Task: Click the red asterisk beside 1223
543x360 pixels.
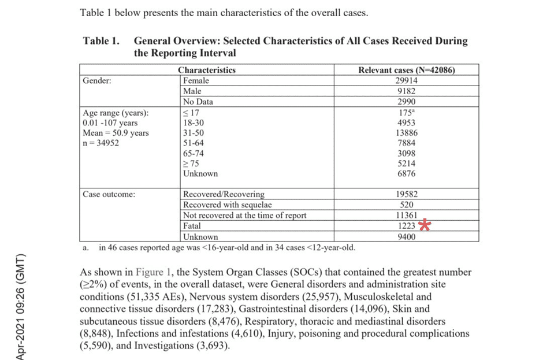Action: (x=425, y=226)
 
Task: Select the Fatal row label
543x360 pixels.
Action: (x=192, y=226)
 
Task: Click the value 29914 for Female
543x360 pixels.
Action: (x=407, y=81)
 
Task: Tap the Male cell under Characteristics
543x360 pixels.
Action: (x=192, y=91)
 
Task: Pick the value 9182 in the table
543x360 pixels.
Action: (x=407, y=91)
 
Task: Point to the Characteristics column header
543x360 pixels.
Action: (x=207, y=70)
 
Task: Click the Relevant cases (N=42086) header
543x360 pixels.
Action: (x=407, y=70)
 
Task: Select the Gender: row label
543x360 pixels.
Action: (x=98, y=81)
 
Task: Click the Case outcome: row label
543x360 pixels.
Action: (x=109, y=194)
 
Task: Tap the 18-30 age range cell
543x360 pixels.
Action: (x=194, y=123)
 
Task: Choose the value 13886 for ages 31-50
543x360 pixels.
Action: (x=407, y=133)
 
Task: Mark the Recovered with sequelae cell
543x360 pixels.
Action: (x=227, y=205)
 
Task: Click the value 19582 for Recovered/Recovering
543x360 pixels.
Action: (x=407, y=195)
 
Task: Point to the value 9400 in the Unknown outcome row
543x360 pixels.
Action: (x=407, y=236)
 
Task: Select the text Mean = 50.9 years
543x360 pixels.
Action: (x=116, y=133)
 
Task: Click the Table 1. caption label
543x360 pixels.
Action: (x=102, y=41)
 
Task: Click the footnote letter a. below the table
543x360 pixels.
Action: (x=85, y=248)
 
